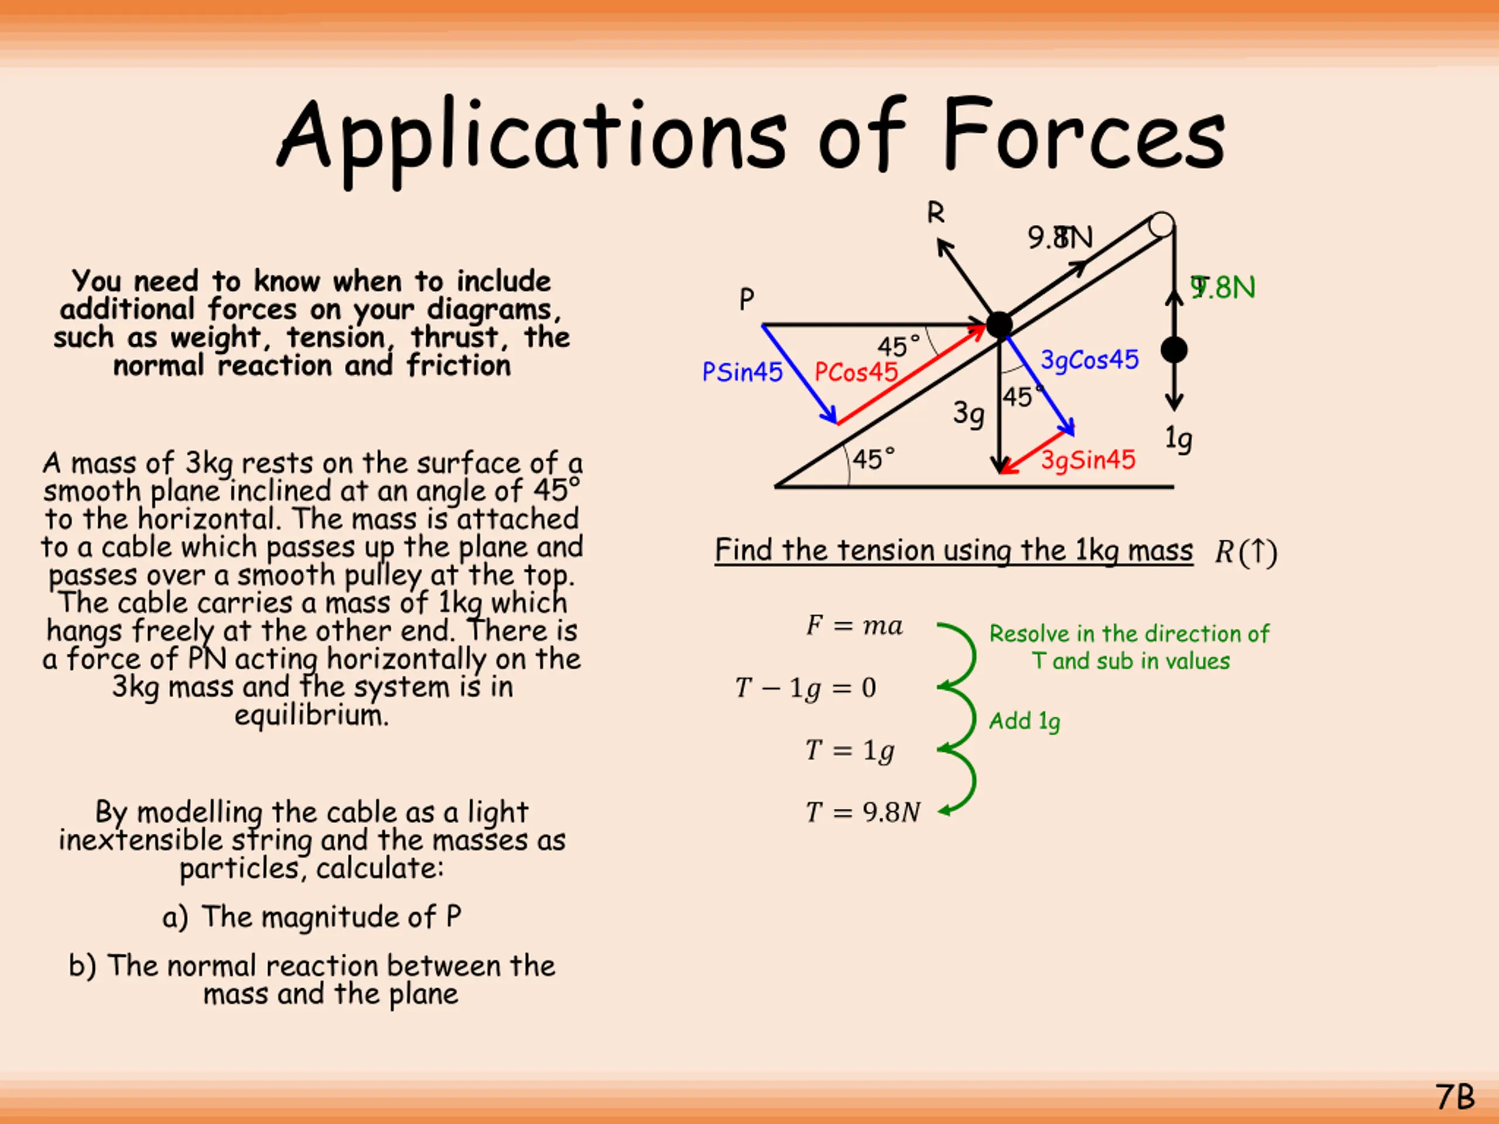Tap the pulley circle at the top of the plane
click(x=1162, y=224)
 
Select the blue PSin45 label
click(x=742, y=372)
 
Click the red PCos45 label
click(x=856, y=372)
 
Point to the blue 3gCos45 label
click(x=1090, y=360)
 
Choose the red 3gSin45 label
click(x=1088, y=460)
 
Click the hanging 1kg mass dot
click(x=1173, y=350)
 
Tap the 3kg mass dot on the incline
click(x=999, y=325)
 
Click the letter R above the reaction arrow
click(x=935, y=214)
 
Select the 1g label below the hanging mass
click(x=1179, y=438)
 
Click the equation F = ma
click(x=854, y=625)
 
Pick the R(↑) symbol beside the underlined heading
click(x=1245, y=552)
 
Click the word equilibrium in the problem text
click(x=312, y=715)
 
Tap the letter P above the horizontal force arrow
click(x=746, y=299)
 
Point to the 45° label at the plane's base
click(x=873, y=460)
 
